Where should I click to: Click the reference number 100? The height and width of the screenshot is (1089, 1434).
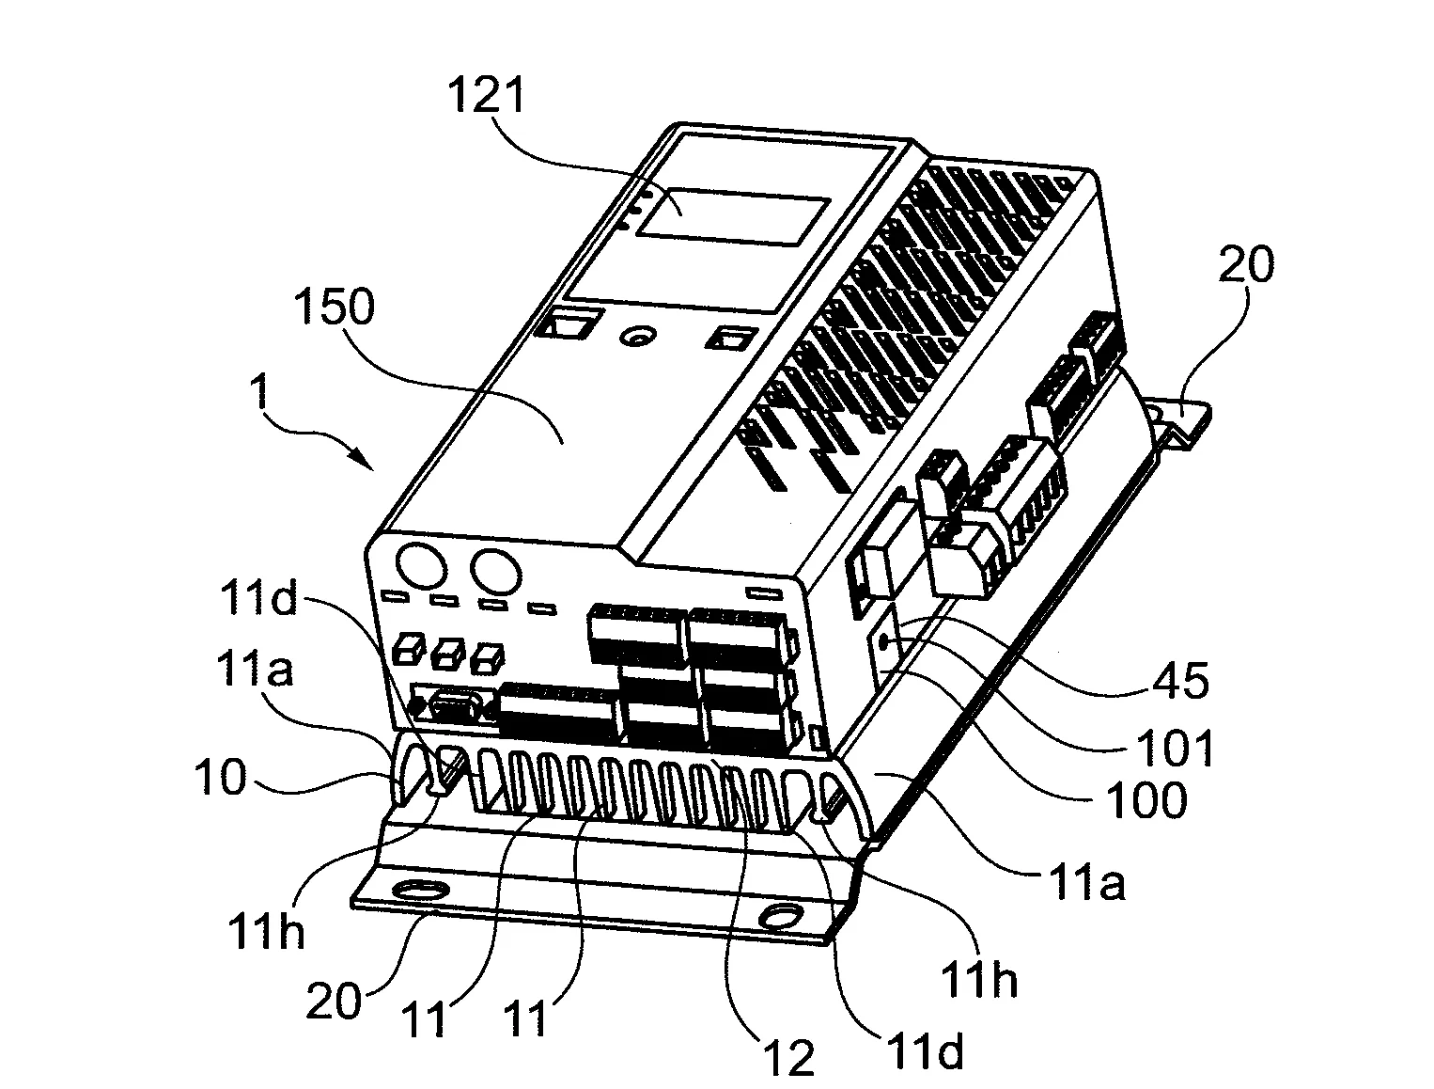tap(1145, 799)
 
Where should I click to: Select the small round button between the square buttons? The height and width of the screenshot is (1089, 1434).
tap(641, 336)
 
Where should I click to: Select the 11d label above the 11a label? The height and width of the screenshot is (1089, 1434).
tap(258, 598)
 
